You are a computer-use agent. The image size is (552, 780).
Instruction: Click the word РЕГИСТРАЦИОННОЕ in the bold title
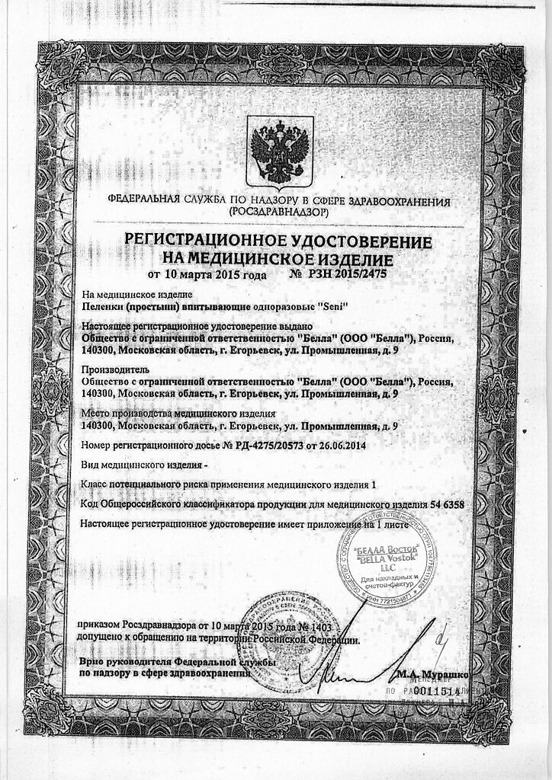(204, 241)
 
